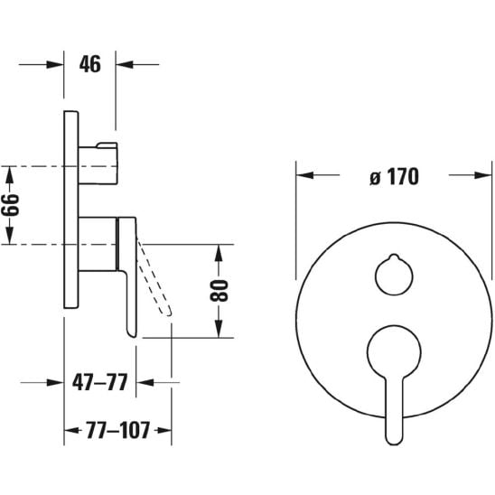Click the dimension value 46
pyautogui.click(x=90, y=64)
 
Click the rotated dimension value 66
pyautogui.click(x=11, y=205)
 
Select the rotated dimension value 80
pyautogui.click(x=219, y=291)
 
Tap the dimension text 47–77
pyautogui.click(x=99, y=382)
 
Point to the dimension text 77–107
pyautogui.click(x=117, y=430)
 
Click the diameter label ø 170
pyautogui.click(x=395, y=176)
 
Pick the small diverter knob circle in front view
pyautogui.click(x=394, y=276)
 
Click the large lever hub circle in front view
pyautogui.click(x=394, y=351)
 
